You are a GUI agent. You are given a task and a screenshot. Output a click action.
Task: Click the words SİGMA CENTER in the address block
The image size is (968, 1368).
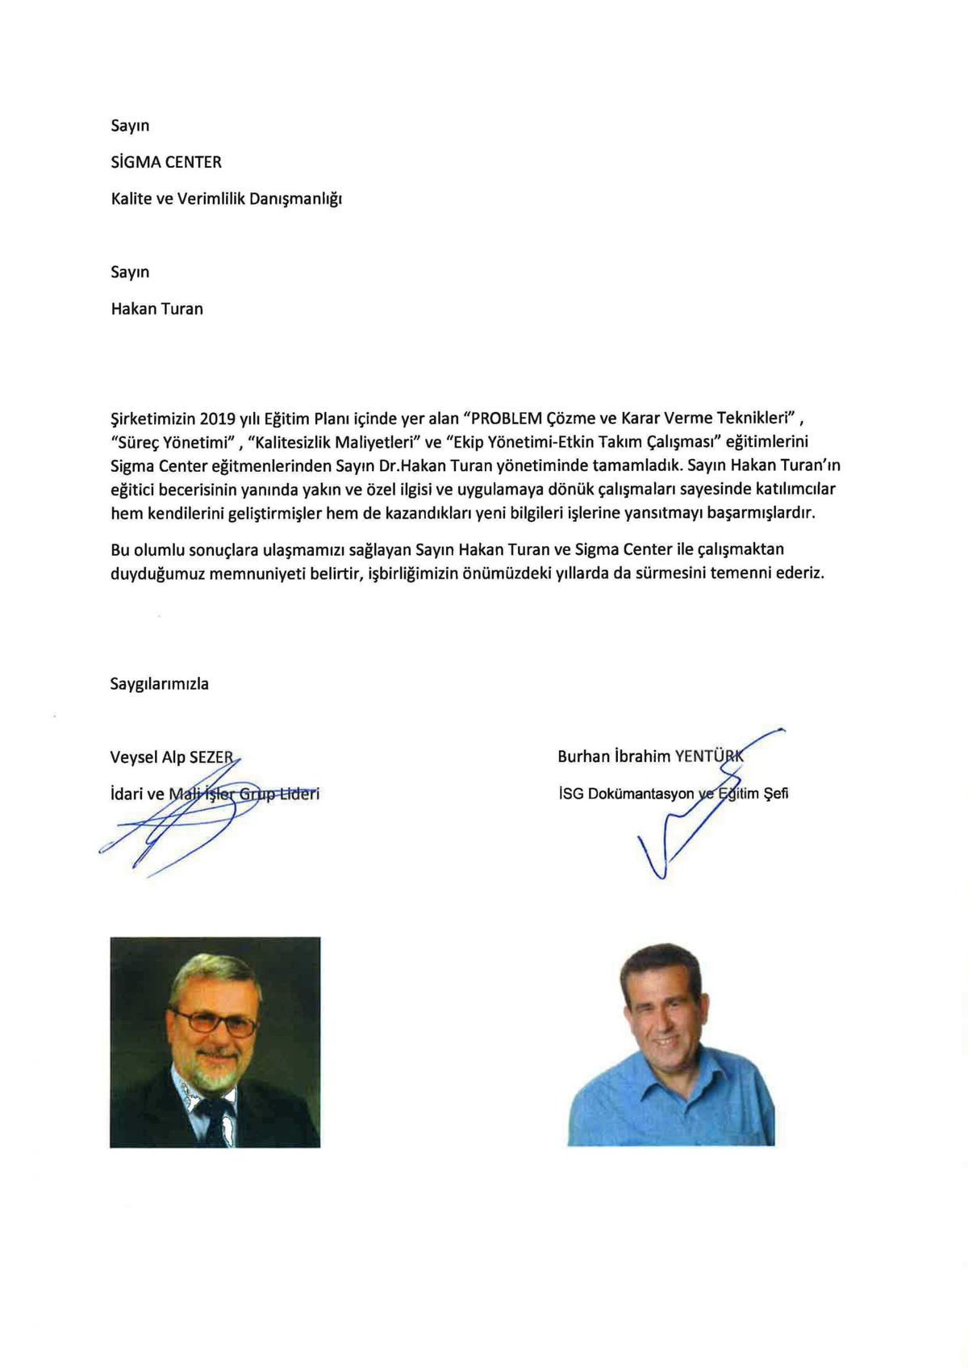coord(166,162)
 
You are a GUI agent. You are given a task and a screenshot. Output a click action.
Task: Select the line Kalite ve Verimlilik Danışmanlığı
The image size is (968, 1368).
coord(227,198)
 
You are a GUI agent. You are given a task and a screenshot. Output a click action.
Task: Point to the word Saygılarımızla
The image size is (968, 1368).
coord(160,684)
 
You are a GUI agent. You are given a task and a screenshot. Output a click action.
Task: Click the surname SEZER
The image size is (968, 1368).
coord(211,757)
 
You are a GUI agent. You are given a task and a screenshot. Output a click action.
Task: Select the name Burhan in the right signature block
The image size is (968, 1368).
coord(582,757)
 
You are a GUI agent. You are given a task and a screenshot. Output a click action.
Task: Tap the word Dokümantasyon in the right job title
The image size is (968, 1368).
coord(640,793)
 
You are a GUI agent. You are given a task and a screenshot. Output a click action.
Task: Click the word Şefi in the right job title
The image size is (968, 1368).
coord(776,793)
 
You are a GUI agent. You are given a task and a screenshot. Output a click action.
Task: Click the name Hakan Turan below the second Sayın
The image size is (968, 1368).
coord(157,309)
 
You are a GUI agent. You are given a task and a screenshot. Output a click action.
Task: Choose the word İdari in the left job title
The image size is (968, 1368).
coord(127,794)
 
